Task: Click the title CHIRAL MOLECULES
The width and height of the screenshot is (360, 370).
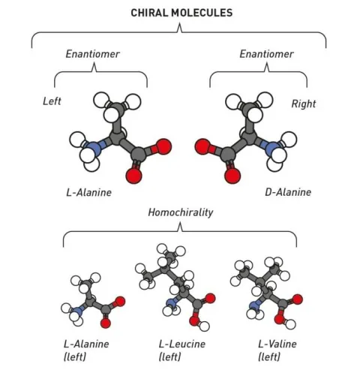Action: coord(181,13)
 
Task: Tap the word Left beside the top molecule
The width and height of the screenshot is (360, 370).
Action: coord(52,101)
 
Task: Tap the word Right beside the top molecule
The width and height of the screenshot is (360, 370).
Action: coord(304,104)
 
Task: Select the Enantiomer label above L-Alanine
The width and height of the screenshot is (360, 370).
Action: coord(92,54)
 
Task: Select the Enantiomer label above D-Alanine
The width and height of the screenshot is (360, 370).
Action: coord(266,54)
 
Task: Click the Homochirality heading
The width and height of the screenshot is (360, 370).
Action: coord(181,212)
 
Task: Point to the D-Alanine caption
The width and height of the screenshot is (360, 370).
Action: coord(288,192)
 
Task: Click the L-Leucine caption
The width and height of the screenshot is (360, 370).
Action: coord(182,344)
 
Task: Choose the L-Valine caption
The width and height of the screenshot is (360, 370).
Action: coord(277,344)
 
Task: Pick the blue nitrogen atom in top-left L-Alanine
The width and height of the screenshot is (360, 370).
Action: coord(93,148)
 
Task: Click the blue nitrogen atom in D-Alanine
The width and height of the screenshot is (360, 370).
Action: coord(273,148)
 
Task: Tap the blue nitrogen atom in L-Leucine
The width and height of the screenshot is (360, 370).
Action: coord(172,303)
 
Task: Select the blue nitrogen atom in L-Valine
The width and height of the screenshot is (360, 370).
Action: coord(254,305)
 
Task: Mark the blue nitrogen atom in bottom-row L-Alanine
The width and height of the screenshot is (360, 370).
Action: coord(78,311)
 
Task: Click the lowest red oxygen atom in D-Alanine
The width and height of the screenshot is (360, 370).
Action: coord(232,176)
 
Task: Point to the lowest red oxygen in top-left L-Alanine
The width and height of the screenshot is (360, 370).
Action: coord(133,176)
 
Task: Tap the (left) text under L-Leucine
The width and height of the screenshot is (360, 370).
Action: coord(169,356)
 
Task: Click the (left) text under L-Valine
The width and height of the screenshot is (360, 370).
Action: coord(269,356)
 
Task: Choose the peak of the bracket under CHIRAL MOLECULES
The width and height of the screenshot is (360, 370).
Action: coord(179,23)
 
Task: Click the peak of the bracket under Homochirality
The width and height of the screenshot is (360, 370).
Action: coord(180,222)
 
